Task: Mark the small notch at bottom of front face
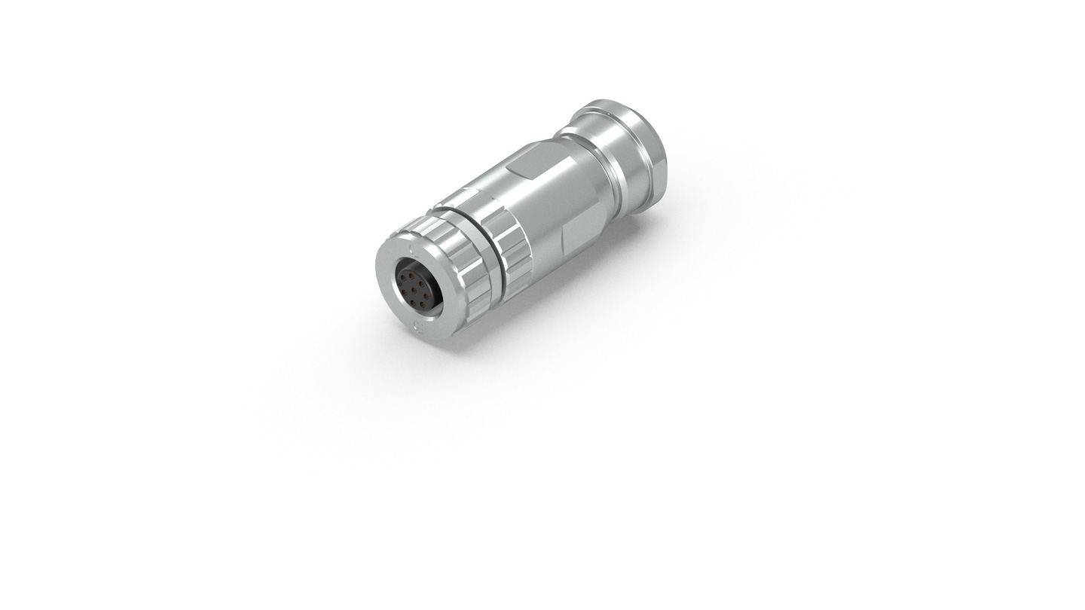pyautogui.click(x=418, y=325)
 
